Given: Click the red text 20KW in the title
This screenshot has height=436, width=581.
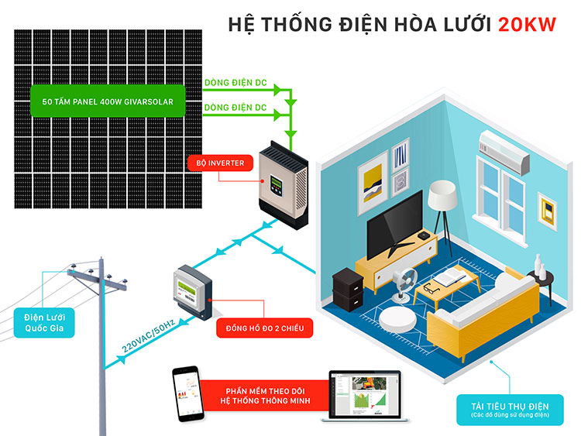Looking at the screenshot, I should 528,24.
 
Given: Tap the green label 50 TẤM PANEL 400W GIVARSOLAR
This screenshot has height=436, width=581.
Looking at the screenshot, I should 108,101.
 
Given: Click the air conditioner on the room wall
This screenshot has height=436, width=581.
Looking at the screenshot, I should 504,149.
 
